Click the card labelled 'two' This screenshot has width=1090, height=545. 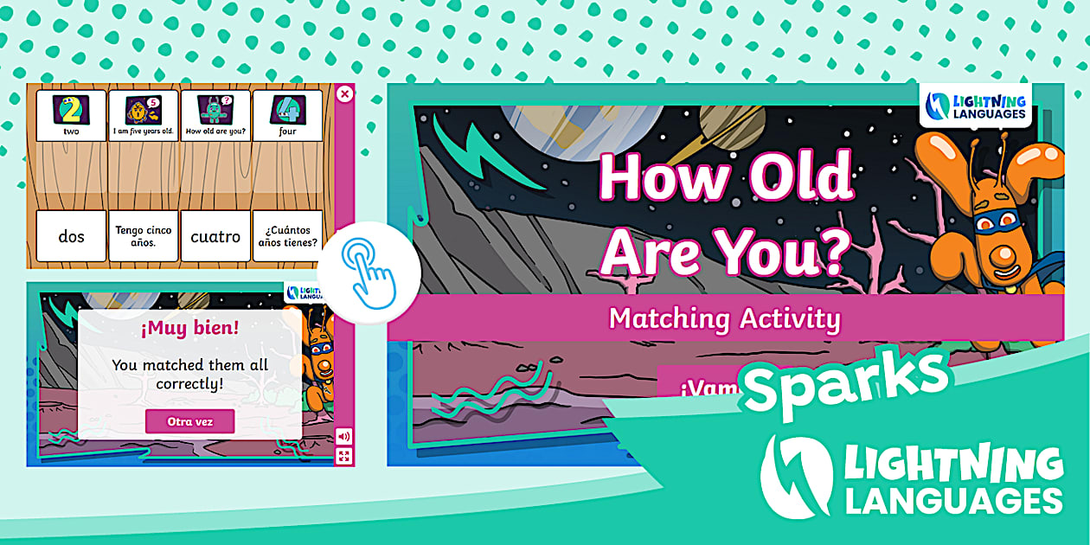point(71,116)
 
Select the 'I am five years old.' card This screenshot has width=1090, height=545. point(144,116)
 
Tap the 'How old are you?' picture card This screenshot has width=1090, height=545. point(215,116)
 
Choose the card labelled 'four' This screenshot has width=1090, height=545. point(287,116)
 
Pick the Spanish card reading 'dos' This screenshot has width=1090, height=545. point(71,236)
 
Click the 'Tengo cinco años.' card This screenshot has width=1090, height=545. point(144,236)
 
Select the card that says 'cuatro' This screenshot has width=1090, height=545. point(215,236)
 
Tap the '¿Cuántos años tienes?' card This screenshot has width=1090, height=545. point(287,236)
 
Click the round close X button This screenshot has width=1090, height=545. point(344,93)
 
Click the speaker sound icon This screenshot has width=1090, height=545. point(344,437)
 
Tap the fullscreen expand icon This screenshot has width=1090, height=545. point(344,456)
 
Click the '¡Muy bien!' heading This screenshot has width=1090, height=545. point(189,328)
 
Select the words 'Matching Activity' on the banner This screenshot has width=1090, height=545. point(724,318)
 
